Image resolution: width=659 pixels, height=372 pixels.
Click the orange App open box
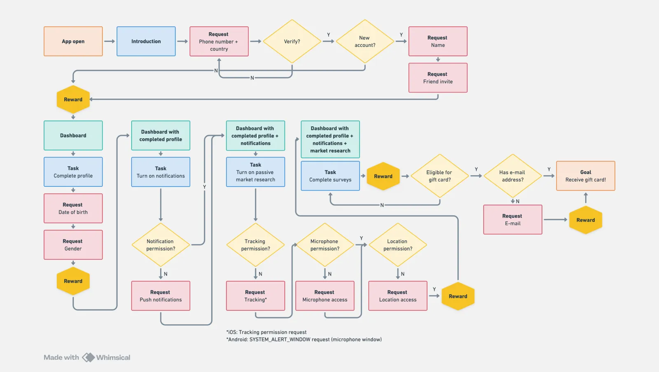(73, 41)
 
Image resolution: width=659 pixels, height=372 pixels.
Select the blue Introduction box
(146, 41)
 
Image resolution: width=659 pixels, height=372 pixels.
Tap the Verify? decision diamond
(292, 41)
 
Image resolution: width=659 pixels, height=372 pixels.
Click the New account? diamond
(365, 41)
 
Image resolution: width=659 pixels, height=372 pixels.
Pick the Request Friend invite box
(437, 78)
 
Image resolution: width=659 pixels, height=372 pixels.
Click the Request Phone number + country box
(219, 41)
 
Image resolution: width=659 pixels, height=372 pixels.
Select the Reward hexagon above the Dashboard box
(73, 99)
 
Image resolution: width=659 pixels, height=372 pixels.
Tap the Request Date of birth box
(73, 208)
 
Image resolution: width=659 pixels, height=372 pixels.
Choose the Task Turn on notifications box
(161, 172)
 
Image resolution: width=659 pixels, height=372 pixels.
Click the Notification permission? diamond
(161, 245)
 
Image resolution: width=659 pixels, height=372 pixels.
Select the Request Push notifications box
(161, 296)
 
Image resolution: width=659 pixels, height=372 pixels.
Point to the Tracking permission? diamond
(255, 245)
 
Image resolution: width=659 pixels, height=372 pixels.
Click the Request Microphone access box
(325, 296)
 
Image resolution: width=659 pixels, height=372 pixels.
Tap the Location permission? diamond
(397, 245)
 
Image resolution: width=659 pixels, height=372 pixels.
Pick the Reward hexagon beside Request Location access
(458, 296)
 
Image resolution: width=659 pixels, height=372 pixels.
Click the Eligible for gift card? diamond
(439, 176)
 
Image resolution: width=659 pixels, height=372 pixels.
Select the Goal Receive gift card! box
(585, 176)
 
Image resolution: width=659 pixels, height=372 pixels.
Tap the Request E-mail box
(512, 219)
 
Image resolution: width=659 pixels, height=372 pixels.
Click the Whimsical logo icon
(88, 357)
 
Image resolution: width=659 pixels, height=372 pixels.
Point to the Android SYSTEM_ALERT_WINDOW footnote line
(304, 339)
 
